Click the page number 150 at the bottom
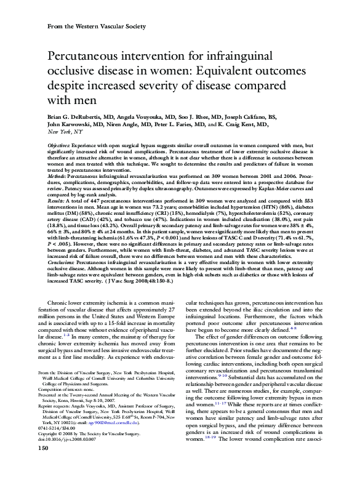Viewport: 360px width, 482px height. click(43, 466)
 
